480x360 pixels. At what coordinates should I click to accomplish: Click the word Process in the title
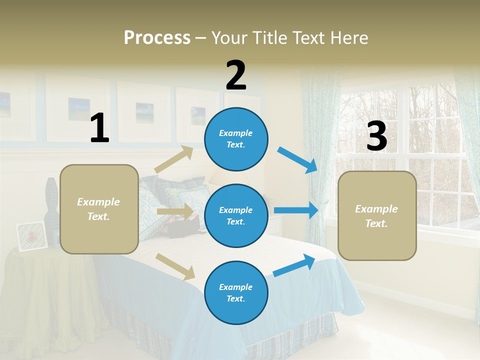pyautogui.click(x=157, y=38)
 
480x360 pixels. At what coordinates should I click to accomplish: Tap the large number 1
pyautogui.click(x=99, y=128)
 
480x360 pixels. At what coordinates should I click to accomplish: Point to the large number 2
pyautogui.click(x=236, y=75)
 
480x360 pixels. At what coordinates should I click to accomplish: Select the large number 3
pyautogui.click(x=376, y=136)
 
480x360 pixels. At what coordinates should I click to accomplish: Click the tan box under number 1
pyautogui.click(x=99, y=209)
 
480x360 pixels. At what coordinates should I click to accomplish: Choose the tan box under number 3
pyautogui.click(x=377, y=215)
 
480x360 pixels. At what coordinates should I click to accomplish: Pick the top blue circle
pyautogui.click(x=236, y=138)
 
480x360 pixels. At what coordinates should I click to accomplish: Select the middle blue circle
pyautogui.click(x=236, y=215)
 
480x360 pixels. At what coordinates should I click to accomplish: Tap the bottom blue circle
pyautogui.click(x=236, y=292)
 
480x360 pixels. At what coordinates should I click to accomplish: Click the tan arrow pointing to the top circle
pyautogui.click(x=174, y=159)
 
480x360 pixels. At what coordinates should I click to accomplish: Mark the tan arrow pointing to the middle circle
pyautogui.click(x=175, y=211)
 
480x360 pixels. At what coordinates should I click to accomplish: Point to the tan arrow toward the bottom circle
pyautogui.click(x=175, y=266)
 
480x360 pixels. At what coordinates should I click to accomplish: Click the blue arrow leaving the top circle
pyautogui.click(x=297, y=159)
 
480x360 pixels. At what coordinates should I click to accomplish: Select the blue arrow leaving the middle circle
pyautogui.click(x=296, y=210)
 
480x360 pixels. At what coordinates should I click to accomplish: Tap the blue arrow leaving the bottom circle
pyautogui.click(x=294, y=265)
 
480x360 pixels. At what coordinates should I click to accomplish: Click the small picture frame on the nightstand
pyautogui.click(x=31, y=235)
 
